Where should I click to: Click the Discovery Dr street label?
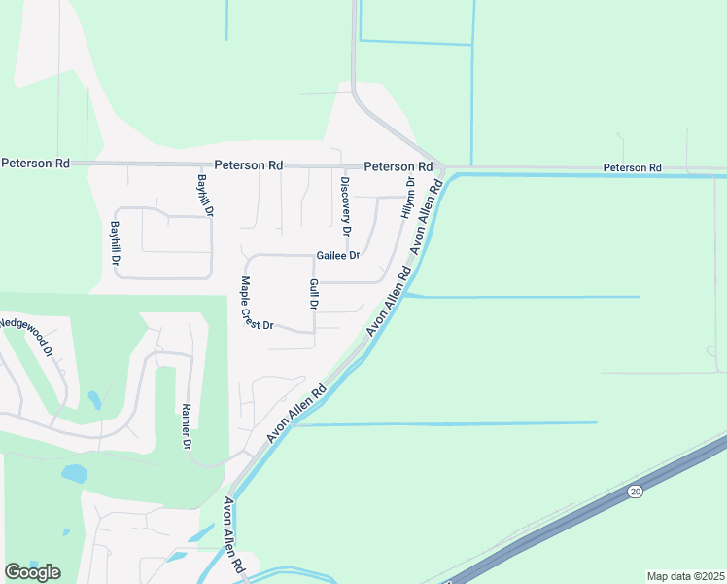[x=344, y=206]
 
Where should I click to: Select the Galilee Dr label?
[x=338, y=256]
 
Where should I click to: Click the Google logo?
[x=32, y=572]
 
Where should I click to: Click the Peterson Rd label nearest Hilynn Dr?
[x=398, y=166]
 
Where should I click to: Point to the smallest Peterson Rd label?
[x=632, y=168]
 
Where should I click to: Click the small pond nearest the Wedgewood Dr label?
[x=93, y=399]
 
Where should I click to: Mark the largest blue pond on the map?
[x=74, y=474]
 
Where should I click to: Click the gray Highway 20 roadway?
[x=583, y=517]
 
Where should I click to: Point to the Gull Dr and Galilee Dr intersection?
[x=314, y=256]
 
